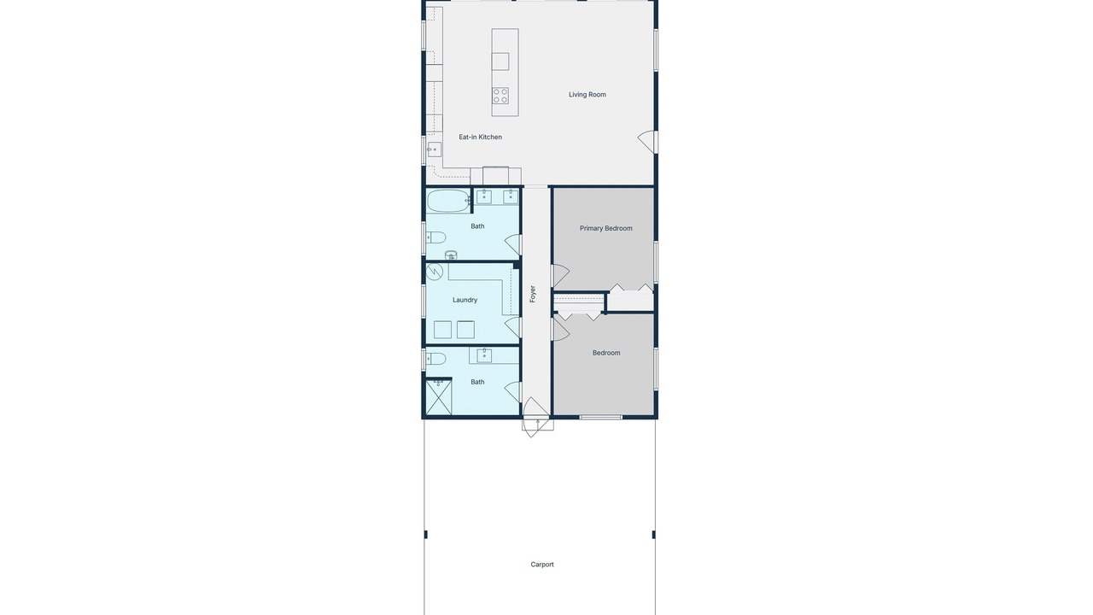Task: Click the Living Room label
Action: (587, 95)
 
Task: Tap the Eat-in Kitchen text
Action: (480, 138)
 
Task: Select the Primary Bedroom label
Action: (605, 228)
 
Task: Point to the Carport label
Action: (542, 565)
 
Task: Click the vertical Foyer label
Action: (532, 294)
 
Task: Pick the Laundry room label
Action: (465, 300)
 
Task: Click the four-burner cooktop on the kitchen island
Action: (500, 96)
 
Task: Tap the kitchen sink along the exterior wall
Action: (435, 149)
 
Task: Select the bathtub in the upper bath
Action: (449, 201)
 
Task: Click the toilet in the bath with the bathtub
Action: (436, 237)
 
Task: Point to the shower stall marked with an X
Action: (439, 397)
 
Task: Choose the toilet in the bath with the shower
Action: (436, 359)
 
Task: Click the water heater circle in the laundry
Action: (435, 272)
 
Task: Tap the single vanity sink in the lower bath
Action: (484, 356)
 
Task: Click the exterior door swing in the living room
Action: (646, 142)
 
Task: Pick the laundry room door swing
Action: (512, 327)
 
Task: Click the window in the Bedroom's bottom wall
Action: (600, 418)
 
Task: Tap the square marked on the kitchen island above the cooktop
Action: (500, 61)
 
